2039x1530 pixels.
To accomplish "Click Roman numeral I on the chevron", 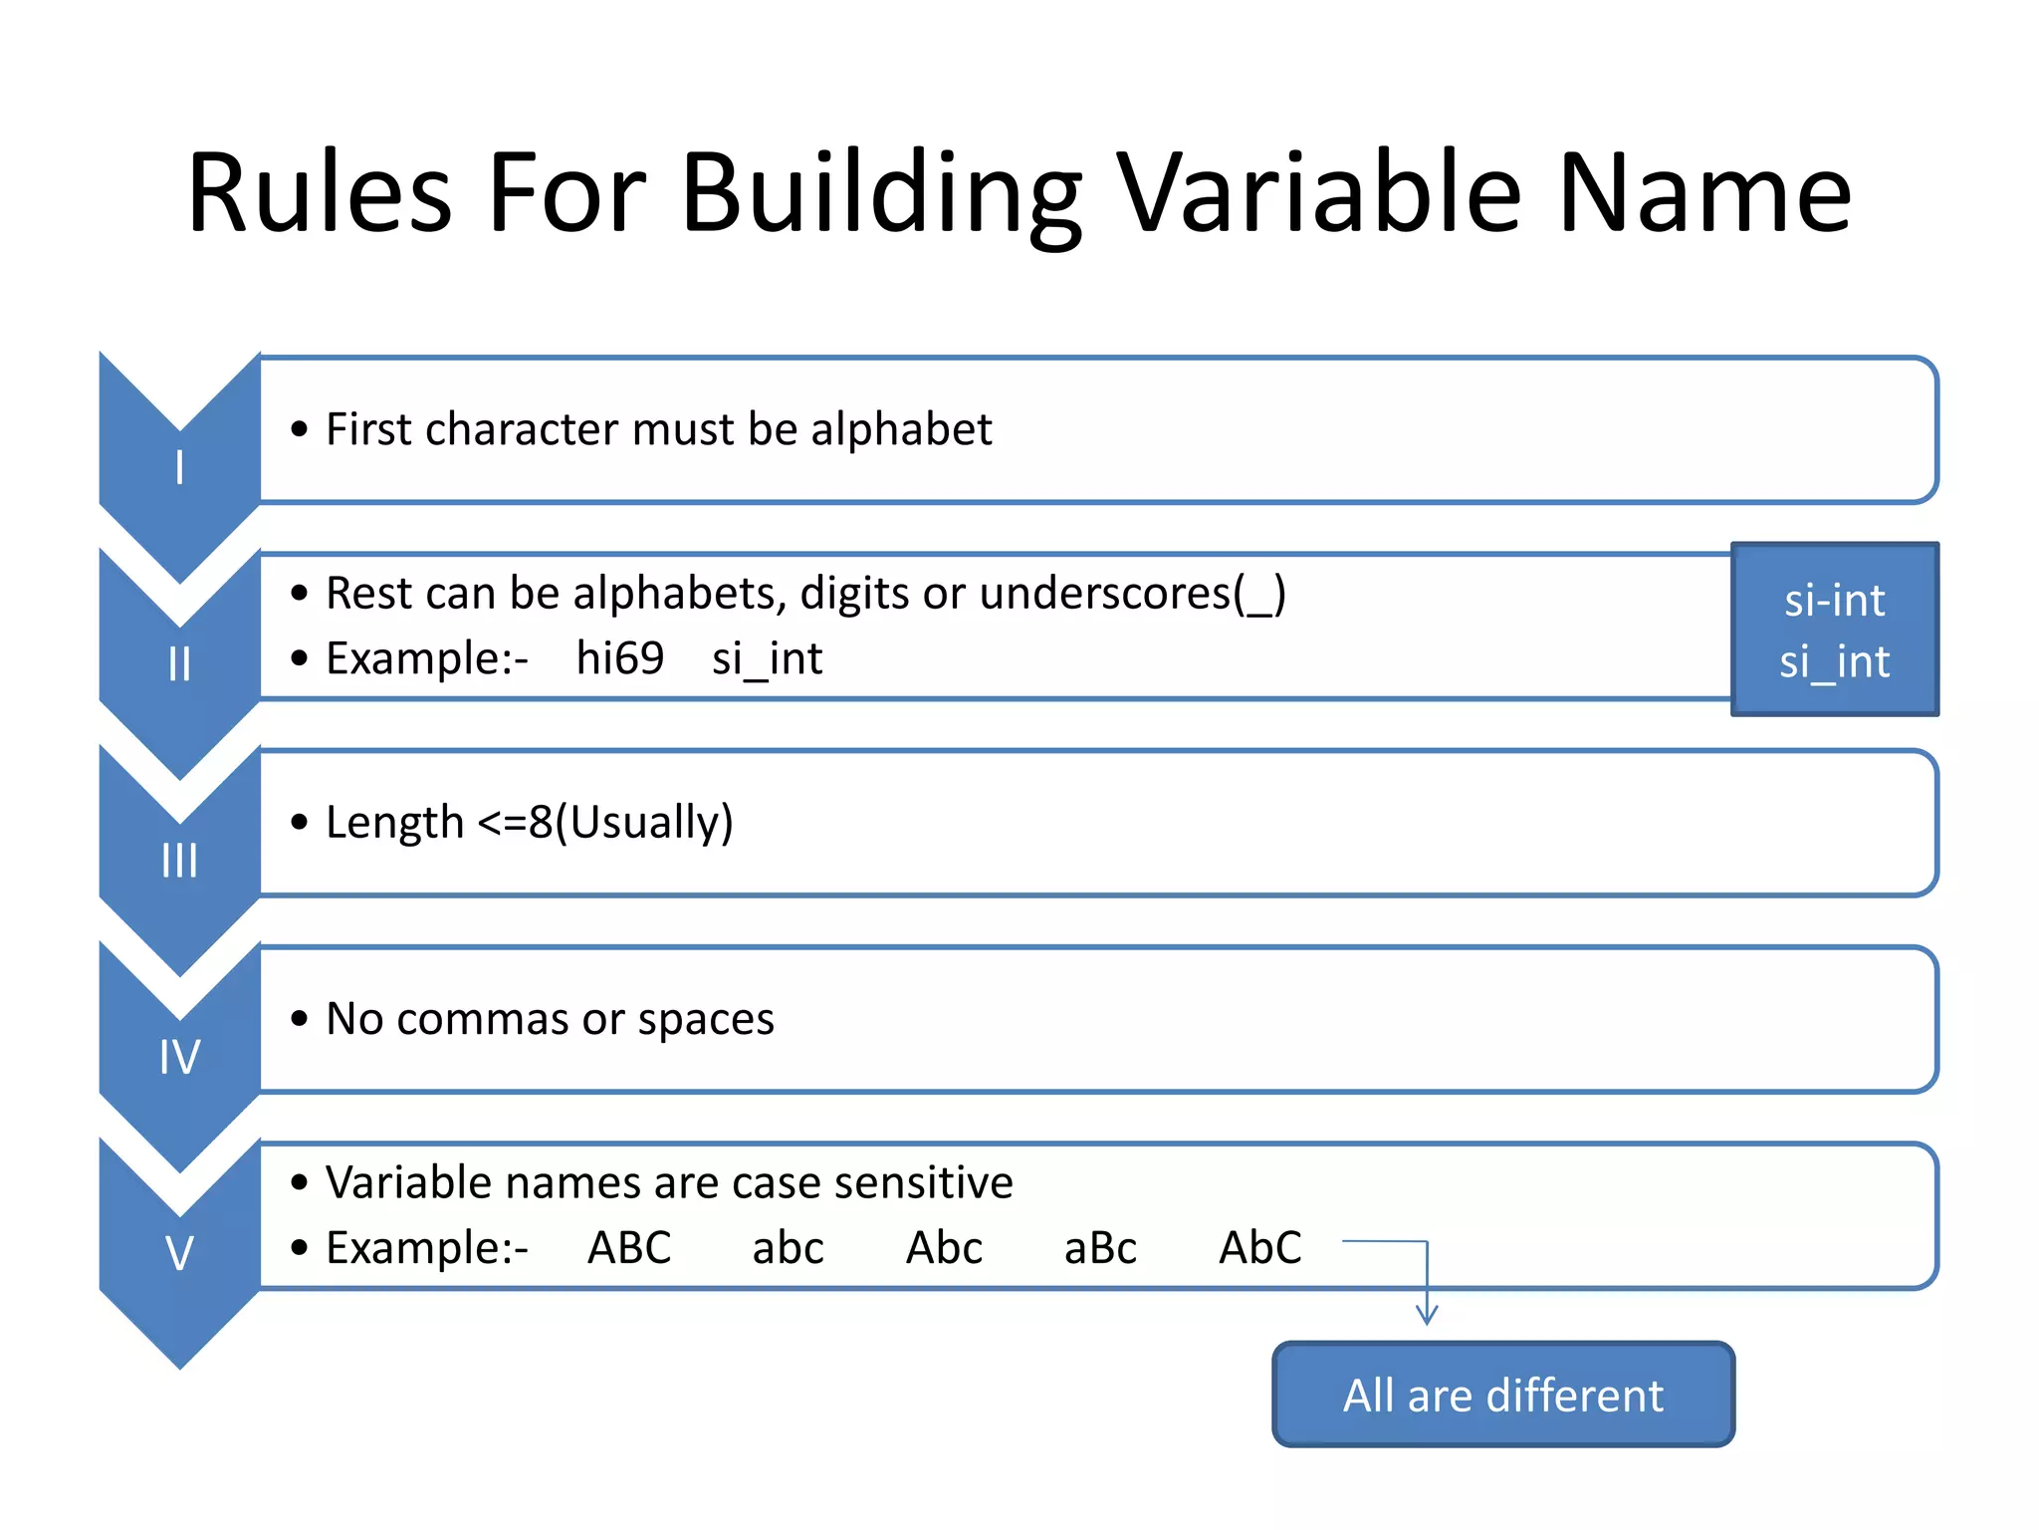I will (x=179, y=466).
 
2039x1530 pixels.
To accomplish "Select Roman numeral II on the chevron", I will (x=179, y=663).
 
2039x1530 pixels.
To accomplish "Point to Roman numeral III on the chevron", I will (x=179, y=860).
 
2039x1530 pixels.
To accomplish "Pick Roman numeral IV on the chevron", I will (x=179, y=1056).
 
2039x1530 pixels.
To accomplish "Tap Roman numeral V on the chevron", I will (x=179, y=1252).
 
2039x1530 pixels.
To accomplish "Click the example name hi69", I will (x=619, y=658).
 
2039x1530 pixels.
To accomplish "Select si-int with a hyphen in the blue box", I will (x=1834, y=601).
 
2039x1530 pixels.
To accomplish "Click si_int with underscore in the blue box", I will (x=1834, y=662).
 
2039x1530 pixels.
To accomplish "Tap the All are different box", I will (x=1503, y=1395).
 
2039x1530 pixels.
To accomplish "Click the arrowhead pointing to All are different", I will (x=1427, y=1315).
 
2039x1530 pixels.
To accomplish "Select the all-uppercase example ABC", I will (x=629, y=1248).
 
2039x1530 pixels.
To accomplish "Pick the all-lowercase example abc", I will (x=788, y=1248).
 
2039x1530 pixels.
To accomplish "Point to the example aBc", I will (x=1100, y=1248).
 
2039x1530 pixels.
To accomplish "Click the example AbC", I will (x=1260, y=1248).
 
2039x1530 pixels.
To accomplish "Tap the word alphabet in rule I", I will (x=901, y=429).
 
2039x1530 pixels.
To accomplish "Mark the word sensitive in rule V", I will (x=924, y=1183).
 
